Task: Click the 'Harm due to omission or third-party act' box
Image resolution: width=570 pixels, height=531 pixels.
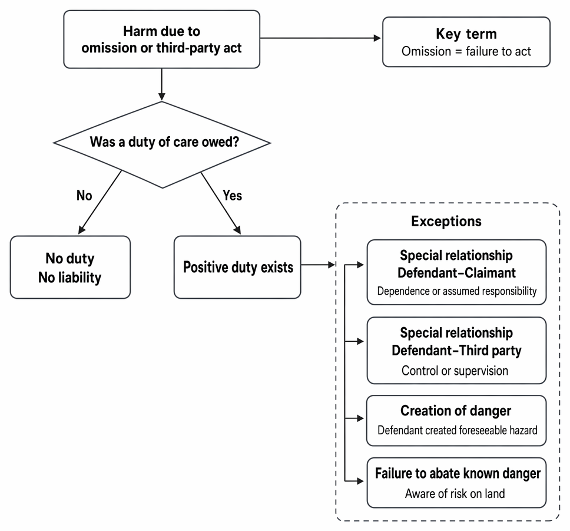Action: [162, 39]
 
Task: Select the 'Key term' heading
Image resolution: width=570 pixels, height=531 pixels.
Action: [466, 34]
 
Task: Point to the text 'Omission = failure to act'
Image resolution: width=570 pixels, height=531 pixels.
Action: [466, 51]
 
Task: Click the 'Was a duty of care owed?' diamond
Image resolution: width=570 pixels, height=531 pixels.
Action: [162, 144]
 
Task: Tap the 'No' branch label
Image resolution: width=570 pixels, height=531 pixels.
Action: [84, 196]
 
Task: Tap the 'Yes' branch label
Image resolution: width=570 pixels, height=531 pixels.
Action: [232, 196]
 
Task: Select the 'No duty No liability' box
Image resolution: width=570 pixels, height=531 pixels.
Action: [70, 267]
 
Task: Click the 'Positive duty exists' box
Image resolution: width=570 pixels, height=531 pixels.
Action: [237, 267]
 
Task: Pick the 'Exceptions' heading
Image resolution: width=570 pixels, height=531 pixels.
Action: [446, 221]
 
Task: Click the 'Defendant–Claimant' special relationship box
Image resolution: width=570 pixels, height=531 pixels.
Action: [456, 272]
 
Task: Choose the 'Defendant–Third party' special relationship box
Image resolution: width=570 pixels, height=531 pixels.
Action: [456, 350]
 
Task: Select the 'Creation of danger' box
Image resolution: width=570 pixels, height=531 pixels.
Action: [456, 420]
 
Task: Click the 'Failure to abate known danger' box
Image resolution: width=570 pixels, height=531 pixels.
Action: [456, 483]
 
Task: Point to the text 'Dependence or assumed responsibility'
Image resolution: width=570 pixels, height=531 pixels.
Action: [457, 291]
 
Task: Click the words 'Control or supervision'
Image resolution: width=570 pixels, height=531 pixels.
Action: [455, 371]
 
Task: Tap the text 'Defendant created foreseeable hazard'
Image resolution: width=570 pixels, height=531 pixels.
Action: [458, 430]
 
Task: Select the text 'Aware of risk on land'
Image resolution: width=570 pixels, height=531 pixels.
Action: [455, 493]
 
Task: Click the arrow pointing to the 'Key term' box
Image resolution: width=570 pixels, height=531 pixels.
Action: [320, 38]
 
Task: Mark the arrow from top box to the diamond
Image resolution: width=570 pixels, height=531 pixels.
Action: [162, 84]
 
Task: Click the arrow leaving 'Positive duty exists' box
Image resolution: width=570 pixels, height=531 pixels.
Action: [318, 265]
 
